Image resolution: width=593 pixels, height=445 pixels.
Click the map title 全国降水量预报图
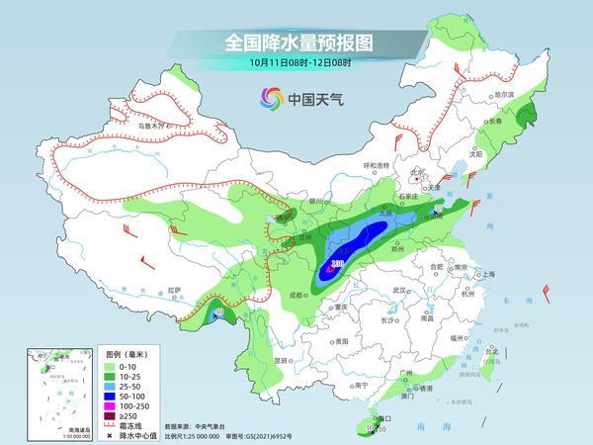296,42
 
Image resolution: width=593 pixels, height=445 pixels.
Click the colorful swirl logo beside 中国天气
270,97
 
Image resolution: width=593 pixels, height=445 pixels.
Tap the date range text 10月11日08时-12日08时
296,62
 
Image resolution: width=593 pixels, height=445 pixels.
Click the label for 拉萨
175,290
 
